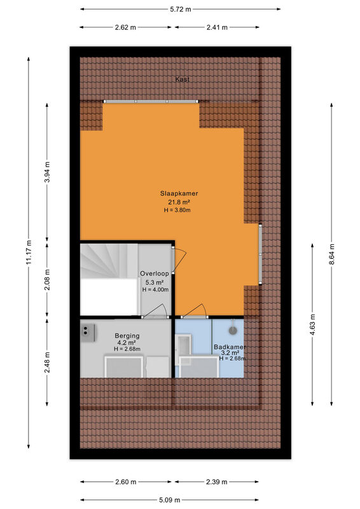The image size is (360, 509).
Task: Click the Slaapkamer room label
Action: [179, 193]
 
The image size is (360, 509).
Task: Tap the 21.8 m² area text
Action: [179, 202]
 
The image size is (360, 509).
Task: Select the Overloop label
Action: [154, 274]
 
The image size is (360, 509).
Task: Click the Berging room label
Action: [127, 336]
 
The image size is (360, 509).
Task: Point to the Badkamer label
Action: [230, 347]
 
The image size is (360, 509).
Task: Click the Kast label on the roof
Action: [182, 79]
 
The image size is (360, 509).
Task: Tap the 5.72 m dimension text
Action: [181, 10]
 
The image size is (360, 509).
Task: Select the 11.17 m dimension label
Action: [29, 252]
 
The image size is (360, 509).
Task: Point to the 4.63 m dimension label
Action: [312, 324]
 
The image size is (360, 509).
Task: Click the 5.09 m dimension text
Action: [169, 500]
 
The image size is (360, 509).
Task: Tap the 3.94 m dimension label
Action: [47, 172]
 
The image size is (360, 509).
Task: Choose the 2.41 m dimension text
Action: [217, 27]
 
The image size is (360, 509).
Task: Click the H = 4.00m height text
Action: [155, 289]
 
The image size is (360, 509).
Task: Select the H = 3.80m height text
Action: [177, 210]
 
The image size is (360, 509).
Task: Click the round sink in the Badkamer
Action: [233, 330]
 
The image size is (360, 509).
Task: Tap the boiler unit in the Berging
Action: [88, 333]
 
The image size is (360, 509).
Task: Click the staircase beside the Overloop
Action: [109, 279]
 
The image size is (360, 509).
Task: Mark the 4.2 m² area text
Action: [127, 343]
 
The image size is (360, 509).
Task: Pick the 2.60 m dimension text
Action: [126, 482]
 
